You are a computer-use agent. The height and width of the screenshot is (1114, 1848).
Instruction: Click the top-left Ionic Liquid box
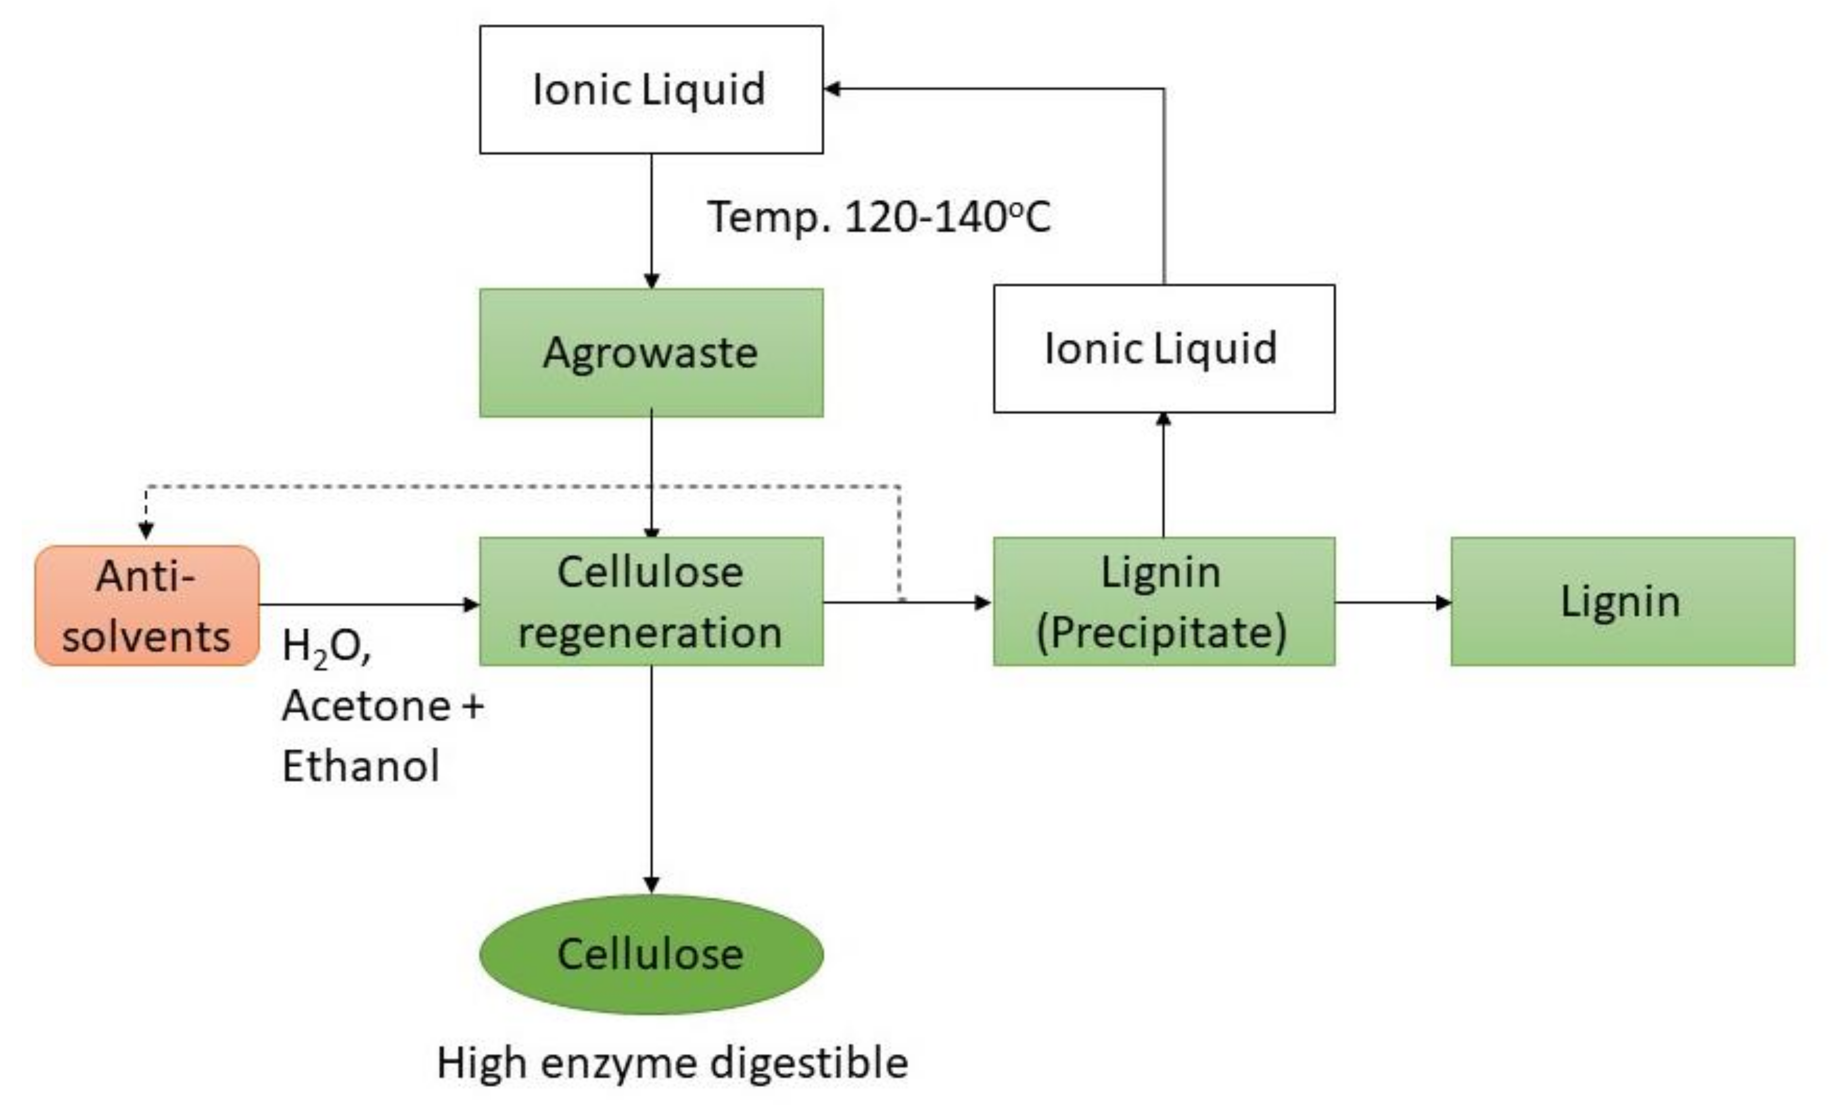tap(651, 90)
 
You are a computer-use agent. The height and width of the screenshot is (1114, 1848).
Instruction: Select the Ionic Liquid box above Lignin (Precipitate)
tap(1164, 349)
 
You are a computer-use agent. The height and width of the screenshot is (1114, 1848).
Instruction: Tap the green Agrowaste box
tap(651, 353)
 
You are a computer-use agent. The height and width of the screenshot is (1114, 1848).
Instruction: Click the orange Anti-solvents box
tap(147, 606)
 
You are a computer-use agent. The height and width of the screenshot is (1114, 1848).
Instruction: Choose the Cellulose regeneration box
tap(651, 601)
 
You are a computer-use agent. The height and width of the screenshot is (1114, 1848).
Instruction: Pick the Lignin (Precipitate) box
tap(1164, 601)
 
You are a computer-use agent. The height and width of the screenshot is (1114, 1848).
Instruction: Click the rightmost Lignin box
tap(1622, 601)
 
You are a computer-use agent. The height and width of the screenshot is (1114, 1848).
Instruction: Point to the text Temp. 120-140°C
tap(879, 217)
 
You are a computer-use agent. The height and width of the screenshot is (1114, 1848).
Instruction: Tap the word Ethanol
tap(361, 766)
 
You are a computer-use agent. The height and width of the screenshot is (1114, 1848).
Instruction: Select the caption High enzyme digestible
tap(672, 1063)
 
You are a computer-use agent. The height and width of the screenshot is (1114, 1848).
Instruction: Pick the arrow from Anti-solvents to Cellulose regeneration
tap(367, 604)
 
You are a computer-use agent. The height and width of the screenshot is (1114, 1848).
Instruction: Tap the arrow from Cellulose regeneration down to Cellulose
tap(651, 780)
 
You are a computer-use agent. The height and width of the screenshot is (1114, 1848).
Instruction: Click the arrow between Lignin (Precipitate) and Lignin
tap(1392, 602)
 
